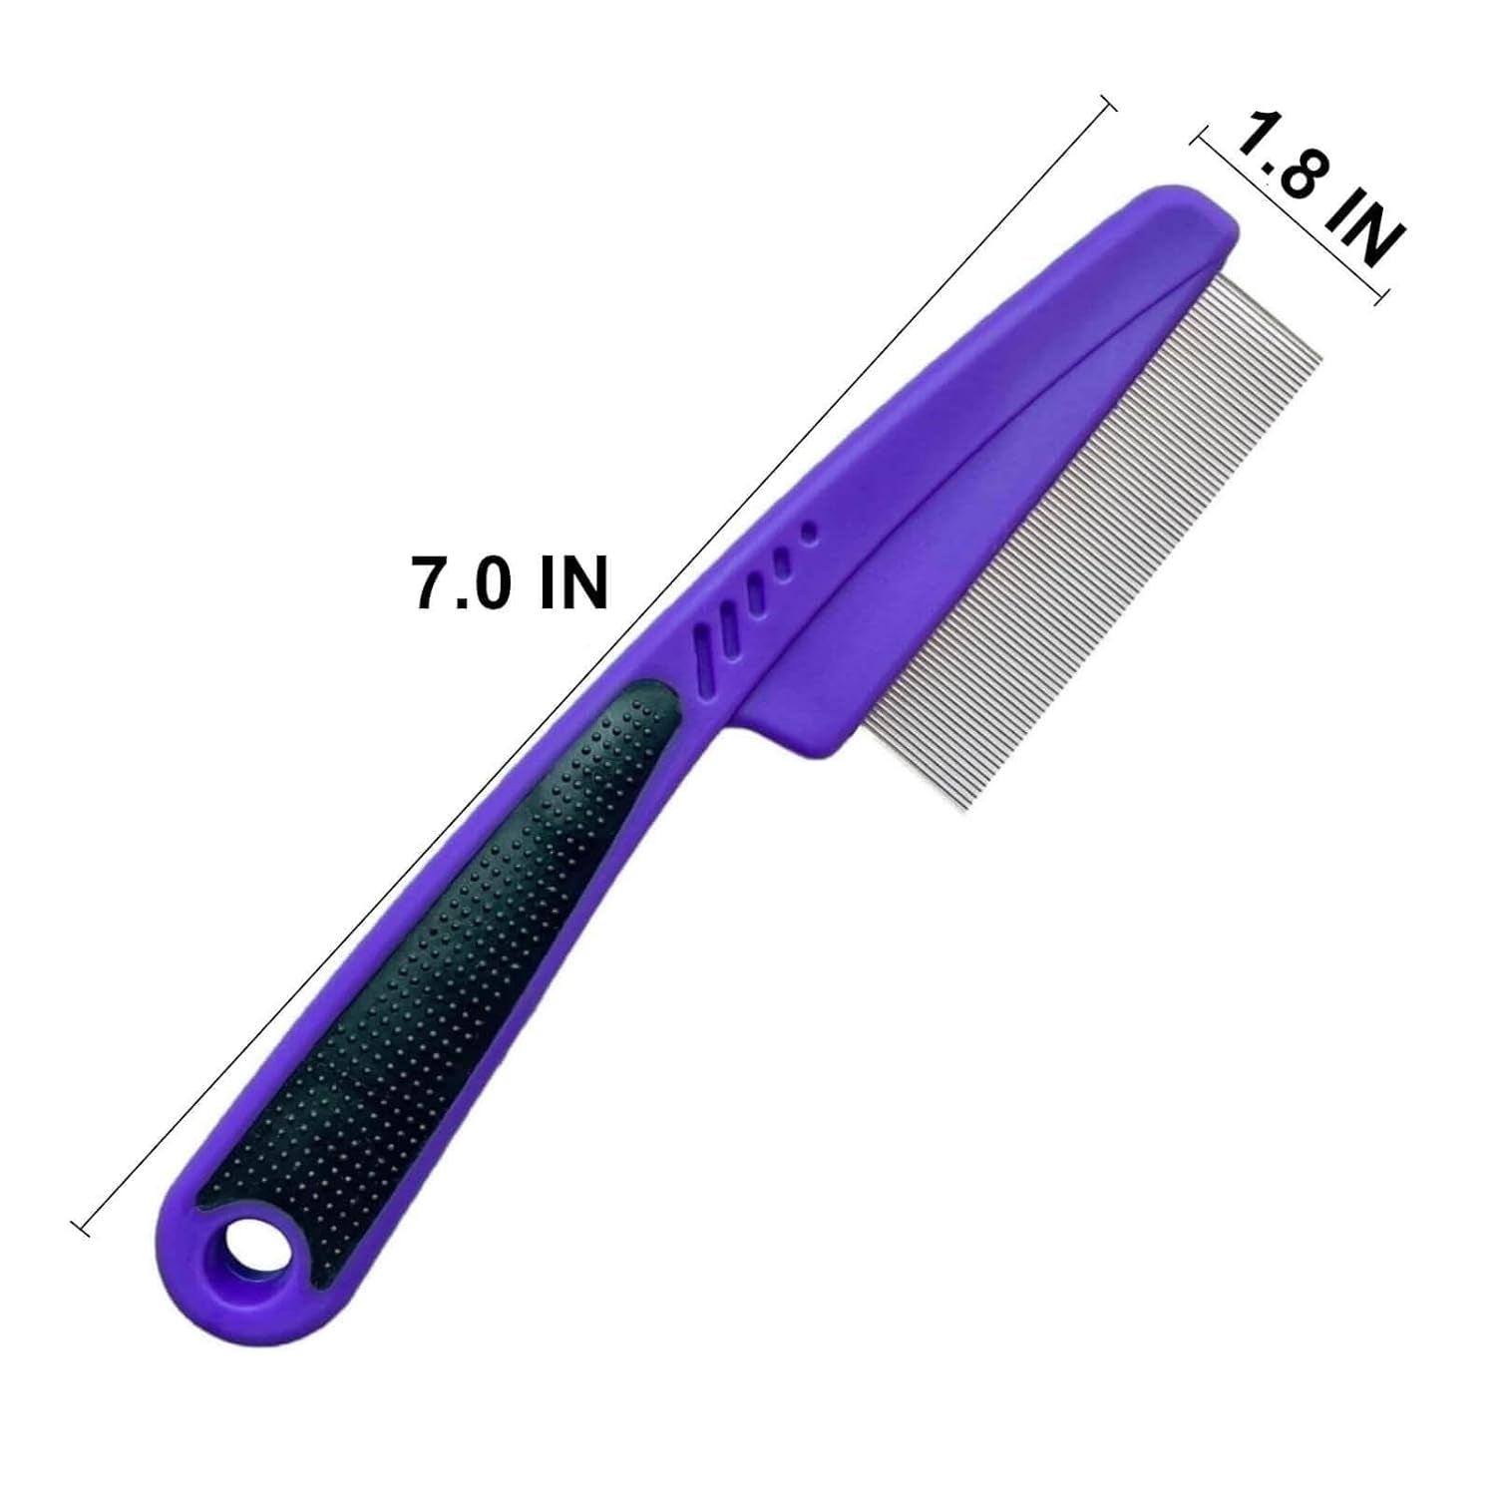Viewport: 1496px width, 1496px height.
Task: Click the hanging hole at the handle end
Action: pyautogui.click(x=245, y=1247)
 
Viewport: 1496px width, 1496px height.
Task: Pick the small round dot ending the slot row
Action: pyautogui.click(x=810, y=533)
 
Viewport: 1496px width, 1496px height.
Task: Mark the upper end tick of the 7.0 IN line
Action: pyautogui.click(x=1107, y=104)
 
